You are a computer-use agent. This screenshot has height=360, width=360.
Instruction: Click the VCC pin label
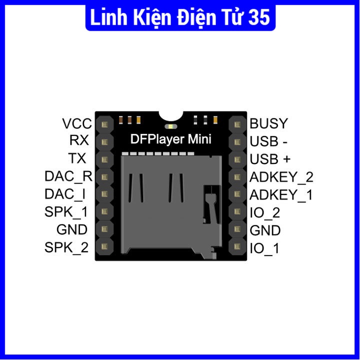tap(77, 123)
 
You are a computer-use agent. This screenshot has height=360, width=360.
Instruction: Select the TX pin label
tap(77, 158)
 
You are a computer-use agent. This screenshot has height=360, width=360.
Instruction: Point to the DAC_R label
tap(68, 176)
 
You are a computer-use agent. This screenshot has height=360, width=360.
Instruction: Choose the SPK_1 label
tap(66, 212)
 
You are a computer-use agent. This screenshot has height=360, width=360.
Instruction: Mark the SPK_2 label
tap(66, 247)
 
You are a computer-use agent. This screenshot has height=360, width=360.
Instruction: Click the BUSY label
tap(269, 123)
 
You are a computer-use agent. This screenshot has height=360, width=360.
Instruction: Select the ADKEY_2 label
tap(281, 177)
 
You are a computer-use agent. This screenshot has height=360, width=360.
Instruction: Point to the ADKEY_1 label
tap(281, 195)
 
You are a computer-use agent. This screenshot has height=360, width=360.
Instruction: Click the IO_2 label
tap(264, 213)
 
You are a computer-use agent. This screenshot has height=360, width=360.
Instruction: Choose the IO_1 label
tap(264, 248)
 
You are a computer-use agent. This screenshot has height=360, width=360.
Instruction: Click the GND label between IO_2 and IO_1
tap(265, 230)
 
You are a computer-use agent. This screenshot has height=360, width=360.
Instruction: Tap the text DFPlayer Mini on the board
tap(170, 139)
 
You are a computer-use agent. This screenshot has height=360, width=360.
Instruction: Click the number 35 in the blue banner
tap(258, 17)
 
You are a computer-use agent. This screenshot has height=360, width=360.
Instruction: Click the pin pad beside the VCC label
tap(104, 123)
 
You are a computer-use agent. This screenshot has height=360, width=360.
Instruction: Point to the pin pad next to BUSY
tap(237, 124)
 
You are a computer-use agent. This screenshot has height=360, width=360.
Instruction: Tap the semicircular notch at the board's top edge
tap(170, 115)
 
